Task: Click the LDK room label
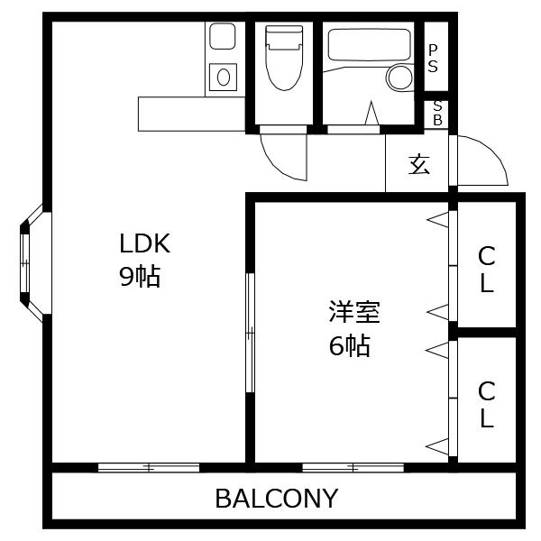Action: [x=145, y=243]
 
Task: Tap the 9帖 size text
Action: [x=139, y=276]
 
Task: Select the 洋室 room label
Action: [x=353, y=312]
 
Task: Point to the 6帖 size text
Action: [x=349, y=345]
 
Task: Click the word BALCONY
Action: [x=276, y=498]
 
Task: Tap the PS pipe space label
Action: [x=434, y=59]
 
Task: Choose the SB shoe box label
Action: [x=437, y=113]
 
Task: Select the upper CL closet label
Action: [x=486, y=269]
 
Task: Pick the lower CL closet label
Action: [x=486, y=404]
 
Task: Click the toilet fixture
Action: [x=284, y=58]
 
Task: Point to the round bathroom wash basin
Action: [x=399, y=78]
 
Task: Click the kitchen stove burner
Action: [x=223, y=77]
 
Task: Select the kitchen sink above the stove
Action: [x=222, y=37]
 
